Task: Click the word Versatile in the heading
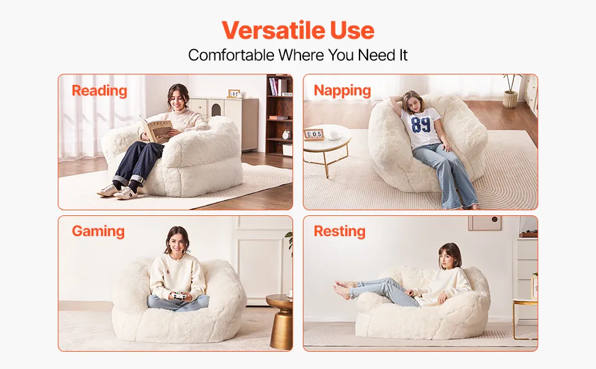(x=273, y=30)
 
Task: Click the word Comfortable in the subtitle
(x=231, y=55)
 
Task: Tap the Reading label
(x=99, y=91)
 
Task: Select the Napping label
(x=342, y=91)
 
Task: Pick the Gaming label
(x=98, y=231)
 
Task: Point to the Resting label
(x=339, y=231)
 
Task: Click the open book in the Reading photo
(x=156, y=129)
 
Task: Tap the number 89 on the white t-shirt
(x=421, y=125)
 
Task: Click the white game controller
(x=178, y=296)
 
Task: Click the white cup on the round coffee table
(x=335, y=135)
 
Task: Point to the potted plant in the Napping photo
(x=511, y=91)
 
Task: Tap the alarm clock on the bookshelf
(x=286, y=134)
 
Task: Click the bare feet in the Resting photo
(x=343, y=288)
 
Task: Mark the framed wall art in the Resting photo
(x=485, y=223)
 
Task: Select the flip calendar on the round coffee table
(x=314, y=134)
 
